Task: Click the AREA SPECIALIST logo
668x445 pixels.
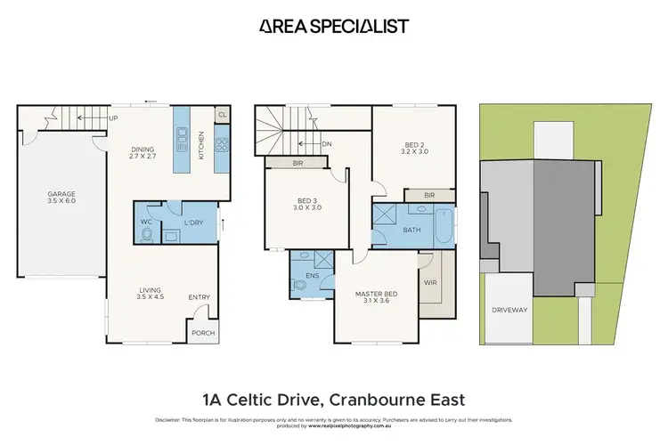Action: (x=334, y=27)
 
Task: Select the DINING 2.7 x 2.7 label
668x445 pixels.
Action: (x=143, y=153)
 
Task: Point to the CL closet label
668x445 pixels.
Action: (x=222, y=115)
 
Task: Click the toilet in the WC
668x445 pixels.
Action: (x=147, y=235)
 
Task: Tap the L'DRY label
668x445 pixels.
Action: (x=193, y=222)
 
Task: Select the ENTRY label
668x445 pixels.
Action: (x=199, y=297)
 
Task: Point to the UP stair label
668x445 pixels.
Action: (x=113, y=117)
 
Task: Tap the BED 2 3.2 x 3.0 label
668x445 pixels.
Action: (x=417, y=148)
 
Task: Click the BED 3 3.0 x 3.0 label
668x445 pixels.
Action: (x=308, y=204)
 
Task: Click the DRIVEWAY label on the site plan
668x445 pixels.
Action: (x=510, y=311)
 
